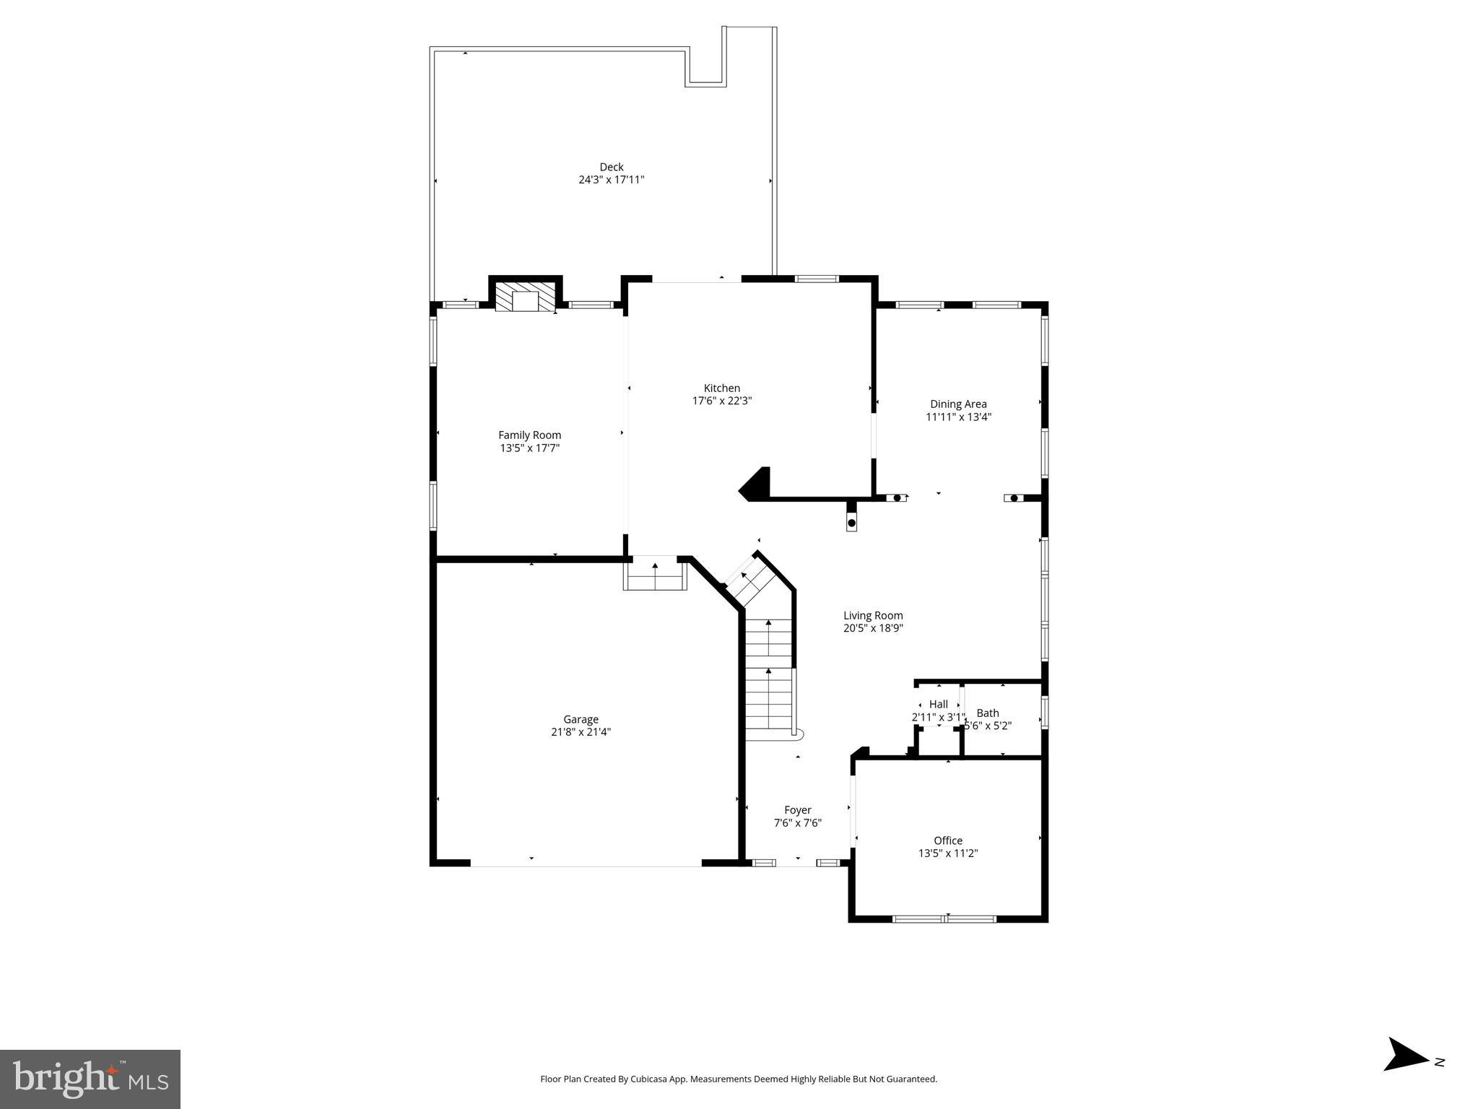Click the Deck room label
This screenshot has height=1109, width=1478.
[611, 167]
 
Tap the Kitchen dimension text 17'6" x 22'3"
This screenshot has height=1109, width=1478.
[722, 401]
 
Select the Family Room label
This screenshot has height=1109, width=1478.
[529, 435]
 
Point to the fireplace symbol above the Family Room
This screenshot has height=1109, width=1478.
[526, 299]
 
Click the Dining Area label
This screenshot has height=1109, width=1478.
[958, 404]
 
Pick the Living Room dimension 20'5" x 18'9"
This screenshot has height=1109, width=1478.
[873, 628]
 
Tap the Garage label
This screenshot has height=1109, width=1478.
[581, 719]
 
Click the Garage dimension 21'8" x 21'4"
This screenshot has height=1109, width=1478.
[581, 732]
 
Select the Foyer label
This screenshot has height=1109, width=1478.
[797, 810]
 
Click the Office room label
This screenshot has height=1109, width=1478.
[947, 840]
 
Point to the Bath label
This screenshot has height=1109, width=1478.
[987, 713]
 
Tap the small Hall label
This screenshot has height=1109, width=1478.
[938, 705]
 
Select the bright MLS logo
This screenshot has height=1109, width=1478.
[90, 1079]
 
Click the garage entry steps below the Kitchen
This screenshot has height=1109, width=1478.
[655, 575]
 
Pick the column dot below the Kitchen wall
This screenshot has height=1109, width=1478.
[851, 523]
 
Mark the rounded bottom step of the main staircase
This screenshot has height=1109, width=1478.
[797, 734]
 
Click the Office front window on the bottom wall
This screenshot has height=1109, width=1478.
[944, 919]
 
